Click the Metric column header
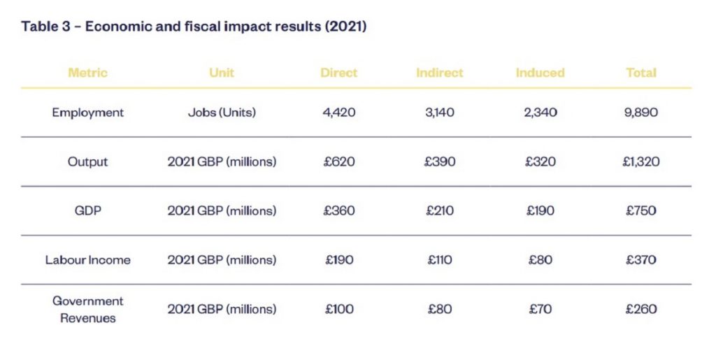click(87, 73)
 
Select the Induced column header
click(540, 73)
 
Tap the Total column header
click(641, 73)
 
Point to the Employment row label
click(87, 113)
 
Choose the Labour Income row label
click(87, 260)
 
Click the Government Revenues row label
click(87, 310)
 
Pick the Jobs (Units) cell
click(222, 113)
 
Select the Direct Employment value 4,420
click(339, 113)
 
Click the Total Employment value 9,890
click(641, 113)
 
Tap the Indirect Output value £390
click(440, 162)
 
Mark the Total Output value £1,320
click(641, 162)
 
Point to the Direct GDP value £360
click(339, 210)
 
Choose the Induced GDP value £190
click(540, 210)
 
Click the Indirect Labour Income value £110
click(440, 260)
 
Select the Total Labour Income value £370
click(641, 260)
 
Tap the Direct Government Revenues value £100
click(339, 309)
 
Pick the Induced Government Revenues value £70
click(540, 309)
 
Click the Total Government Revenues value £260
click(641, 309)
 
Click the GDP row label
click(87, 210)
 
